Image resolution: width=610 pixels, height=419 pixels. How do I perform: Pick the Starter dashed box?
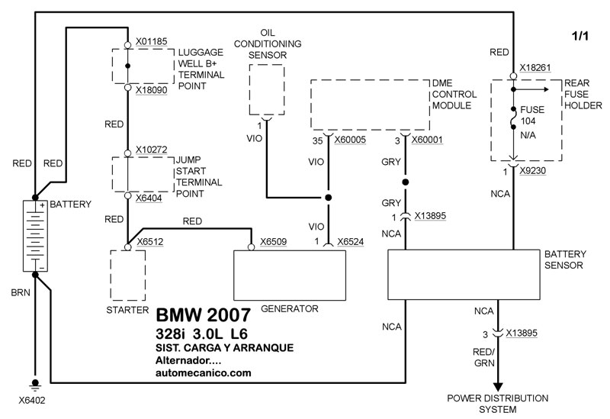click(127, 274)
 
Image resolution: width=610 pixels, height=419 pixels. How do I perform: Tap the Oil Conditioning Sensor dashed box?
click(266, 89)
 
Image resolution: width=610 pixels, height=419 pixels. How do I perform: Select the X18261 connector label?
click(535, 68)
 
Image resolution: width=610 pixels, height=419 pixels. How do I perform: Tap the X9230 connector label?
click(535, 172)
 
